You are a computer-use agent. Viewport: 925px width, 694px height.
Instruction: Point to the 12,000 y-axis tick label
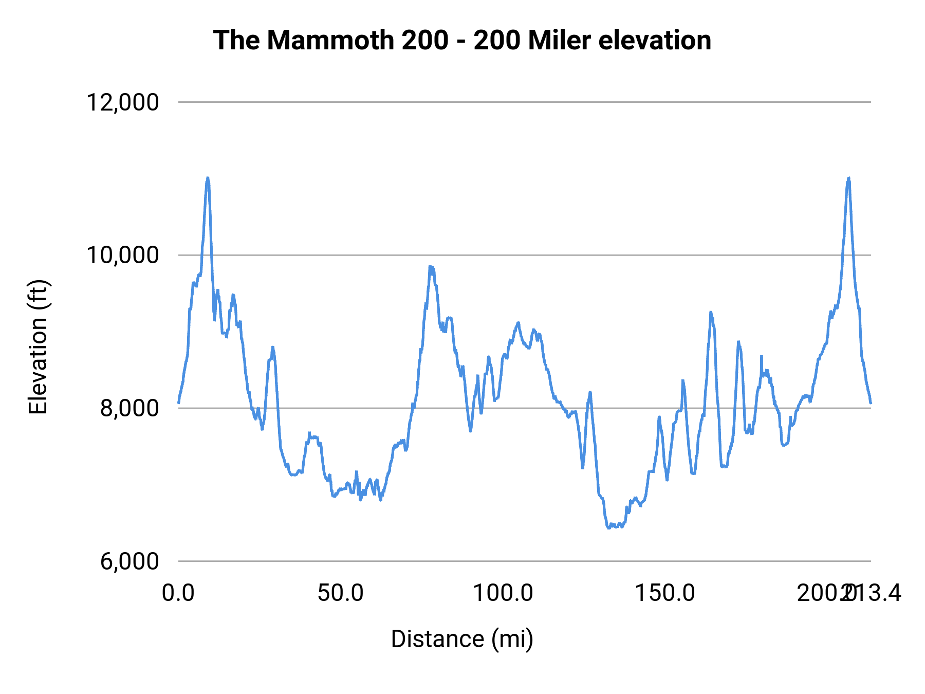(122, 102)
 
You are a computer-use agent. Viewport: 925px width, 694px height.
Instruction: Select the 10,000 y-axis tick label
(122, 254)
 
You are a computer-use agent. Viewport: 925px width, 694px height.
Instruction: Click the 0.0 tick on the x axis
(178, 593)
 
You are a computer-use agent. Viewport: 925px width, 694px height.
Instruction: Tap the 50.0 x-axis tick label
(340, 593)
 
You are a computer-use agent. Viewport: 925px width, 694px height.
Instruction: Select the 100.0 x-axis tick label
(503, 593)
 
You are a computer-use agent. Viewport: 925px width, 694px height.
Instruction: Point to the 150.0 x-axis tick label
(665, 593)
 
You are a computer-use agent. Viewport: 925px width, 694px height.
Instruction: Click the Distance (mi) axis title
(462, 639)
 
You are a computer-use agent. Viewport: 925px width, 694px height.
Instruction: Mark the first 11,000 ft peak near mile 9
(208, 178)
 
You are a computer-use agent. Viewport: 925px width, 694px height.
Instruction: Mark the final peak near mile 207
(848, 178)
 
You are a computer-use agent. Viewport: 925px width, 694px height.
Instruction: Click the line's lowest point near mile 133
(609, 527)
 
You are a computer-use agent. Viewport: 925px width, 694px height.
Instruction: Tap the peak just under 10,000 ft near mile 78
(431, 266)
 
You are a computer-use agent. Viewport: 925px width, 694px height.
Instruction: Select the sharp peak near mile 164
(711, 312)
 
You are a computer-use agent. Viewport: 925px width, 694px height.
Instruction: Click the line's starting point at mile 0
(179, 403)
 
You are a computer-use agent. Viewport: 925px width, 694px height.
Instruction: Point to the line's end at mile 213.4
(871, 403)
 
